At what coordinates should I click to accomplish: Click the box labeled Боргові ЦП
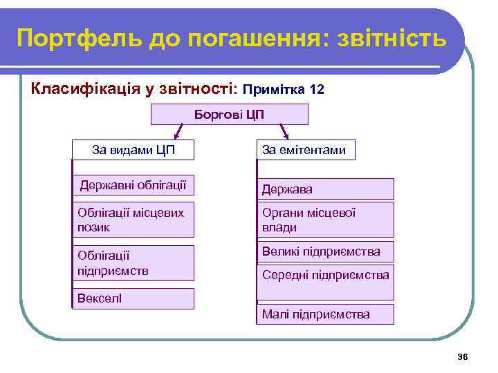point(229,114)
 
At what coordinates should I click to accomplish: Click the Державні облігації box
point(133,185)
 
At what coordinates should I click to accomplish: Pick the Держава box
point(325,189)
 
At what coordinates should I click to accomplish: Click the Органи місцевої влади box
point(325,220)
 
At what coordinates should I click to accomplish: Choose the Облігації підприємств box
point(133,262)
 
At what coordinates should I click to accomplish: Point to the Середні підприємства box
point(325,276)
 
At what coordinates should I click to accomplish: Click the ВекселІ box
point(133,298)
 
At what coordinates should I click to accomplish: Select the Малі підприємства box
point(325,314)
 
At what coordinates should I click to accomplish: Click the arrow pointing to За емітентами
point(284,131)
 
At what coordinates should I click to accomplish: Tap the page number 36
point(463,356)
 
